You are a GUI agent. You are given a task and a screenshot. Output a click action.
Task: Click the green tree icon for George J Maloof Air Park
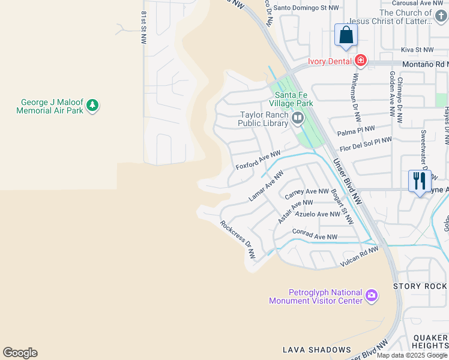coord(92,106)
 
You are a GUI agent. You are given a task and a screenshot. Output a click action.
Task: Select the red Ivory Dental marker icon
coord(360,61)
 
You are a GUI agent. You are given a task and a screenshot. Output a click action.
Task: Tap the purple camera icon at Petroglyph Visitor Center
coord(372,296)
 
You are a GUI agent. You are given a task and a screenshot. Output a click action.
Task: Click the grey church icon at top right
coord(441,16)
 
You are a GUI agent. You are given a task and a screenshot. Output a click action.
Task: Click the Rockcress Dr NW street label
coord(238,240)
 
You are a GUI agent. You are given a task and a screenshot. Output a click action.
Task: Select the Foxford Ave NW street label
coord(258,160)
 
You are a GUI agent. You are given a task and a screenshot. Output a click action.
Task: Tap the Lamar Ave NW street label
coord(266,187)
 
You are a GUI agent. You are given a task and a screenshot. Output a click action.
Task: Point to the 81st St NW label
coord(143,28)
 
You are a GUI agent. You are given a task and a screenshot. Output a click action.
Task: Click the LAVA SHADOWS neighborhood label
coord(316,349)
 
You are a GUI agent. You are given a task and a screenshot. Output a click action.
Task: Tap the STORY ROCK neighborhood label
coord(420,287)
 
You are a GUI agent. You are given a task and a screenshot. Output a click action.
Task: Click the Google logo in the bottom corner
coord(20,353)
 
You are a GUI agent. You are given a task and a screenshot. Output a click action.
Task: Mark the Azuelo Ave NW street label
coord(318,214)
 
